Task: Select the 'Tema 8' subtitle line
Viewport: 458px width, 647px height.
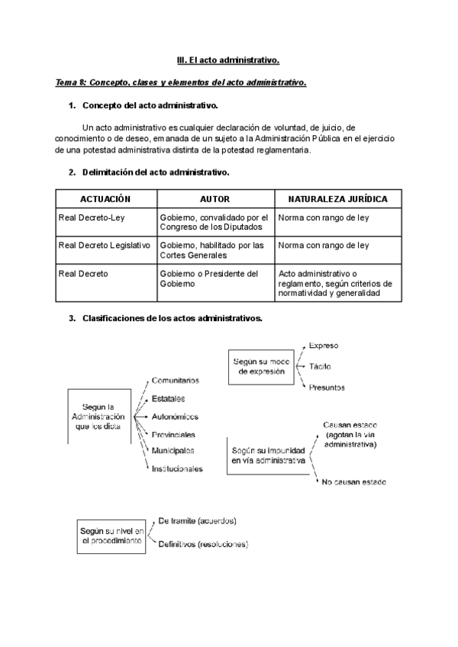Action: coord(181,82)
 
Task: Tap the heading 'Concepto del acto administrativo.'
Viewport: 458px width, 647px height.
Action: coord(150,105)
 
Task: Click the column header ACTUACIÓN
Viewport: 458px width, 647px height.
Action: coord(105,198)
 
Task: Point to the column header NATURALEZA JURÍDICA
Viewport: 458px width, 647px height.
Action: coord(337,198)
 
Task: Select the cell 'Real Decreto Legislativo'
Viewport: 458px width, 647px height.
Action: coord(104,246)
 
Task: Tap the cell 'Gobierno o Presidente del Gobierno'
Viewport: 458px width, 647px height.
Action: coord(209,278)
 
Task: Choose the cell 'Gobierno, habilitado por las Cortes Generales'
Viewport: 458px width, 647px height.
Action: coord(211,250)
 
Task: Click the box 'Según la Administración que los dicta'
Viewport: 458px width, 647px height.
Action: coord(98,417)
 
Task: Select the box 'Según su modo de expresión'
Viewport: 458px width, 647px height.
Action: coord(261,366)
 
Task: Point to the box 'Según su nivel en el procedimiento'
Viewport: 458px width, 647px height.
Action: coord(111,534)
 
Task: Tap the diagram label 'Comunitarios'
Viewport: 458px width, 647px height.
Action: coord(176,380)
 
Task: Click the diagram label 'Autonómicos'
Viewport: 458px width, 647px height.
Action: coord(175,417)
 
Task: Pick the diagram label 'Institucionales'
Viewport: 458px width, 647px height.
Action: coord(177,468)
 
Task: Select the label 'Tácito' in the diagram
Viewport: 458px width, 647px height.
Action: coord(320,366)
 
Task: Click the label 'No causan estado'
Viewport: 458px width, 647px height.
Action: coord(354,482)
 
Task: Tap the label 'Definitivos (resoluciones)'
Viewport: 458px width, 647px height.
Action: coord(202,545)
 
